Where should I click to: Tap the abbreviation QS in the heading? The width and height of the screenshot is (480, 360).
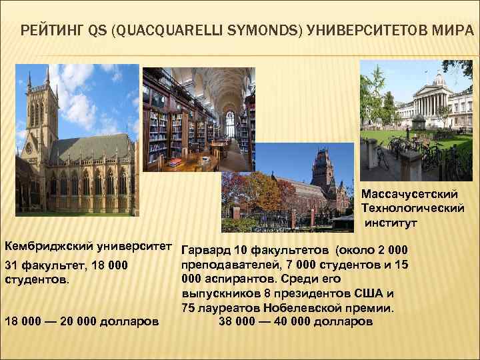(97, 30)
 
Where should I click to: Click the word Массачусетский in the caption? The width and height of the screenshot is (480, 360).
(409, 193)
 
